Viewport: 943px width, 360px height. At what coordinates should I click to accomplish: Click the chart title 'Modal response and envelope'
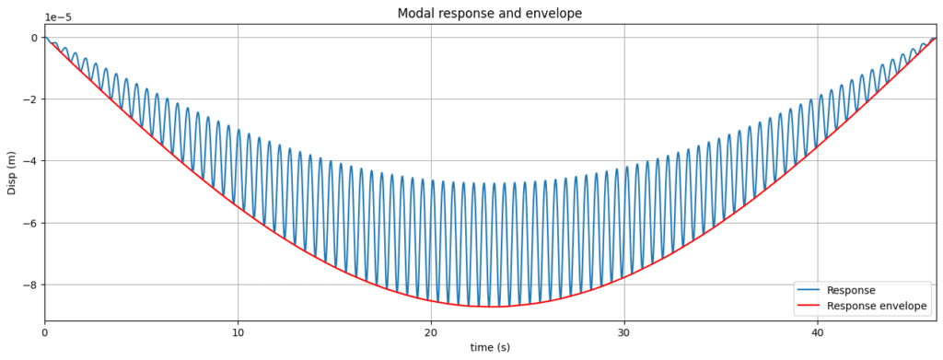point(489,13)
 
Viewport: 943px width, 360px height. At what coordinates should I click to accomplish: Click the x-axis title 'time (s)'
point(489,347)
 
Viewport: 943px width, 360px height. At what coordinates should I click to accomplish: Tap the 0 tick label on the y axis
point(33,38)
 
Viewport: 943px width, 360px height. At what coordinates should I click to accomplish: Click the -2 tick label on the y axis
point(29,99)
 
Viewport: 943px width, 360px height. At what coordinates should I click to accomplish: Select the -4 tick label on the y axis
point(29,161)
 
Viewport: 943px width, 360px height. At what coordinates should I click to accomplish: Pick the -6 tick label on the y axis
point(29,223)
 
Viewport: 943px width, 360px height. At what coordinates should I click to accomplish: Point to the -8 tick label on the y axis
point(29,285)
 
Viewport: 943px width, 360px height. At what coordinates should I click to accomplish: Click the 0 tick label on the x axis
point(44,332)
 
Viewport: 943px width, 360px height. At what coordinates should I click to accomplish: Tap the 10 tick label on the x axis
point(238,332)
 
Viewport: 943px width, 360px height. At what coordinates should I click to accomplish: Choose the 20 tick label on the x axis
point(431,332)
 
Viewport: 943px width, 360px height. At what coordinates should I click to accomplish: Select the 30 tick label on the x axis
point(624,332)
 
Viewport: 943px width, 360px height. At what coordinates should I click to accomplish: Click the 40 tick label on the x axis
point(818,332)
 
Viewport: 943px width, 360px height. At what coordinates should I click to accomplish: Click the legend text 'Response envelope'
point(878,306)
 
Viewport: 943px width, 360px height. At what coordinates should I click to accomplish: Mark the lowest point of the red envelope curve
point(492,306)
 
